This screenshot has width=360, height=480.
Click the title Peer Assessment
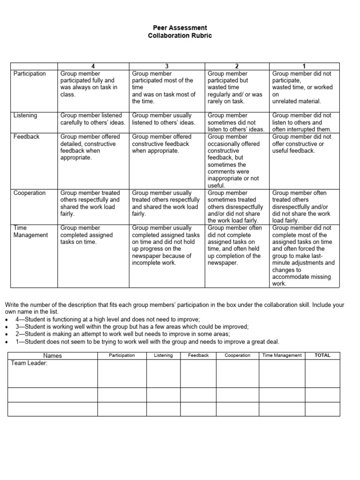(x=180, y=28)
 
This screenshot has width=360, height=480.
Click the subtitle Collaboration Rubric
(x=180, y=36)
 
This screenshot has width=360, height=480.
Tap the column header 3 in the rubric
(x=167, y=67)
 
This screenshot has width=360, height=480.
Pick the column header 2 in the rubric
(x=237, y=67)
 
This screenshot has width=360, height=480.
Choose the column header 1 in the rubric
(x=304, y=67)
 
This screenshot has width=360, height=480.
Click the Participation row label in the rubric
(x=30, y=74)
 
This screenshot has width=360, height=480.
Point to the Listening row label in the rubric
(x=25, y=115)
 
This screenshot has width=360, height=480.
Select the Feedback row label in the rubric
(x=27, y=137)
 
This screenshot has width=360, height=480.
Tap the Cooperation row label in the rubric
(x=30, y=193)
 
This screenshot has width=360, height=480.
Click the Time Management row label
(x=30, y=231)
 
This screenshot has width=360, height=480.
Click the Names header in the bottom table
(x=52, y=356)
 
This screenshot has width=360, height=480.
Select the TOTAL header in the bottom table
(x=322, y=355)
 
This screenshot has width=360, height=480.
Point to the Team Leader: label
(x=29, y=363)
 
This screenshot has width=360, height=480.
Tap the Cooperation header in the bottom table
(x=237, y=355)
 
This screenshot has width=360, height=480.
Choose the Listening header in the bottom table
(x=163, y=355)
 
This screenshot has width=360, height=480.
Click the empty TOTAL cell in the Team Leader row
(x=322, y=373)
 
